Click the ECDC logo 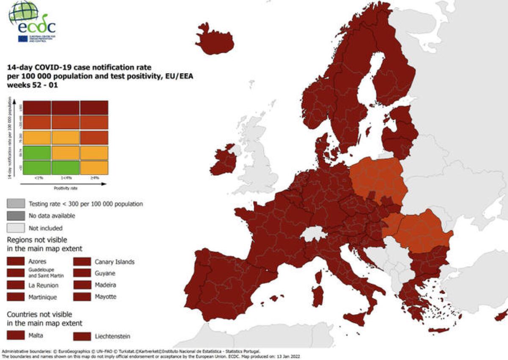pos(32,21)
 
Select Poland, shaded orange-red pos(378,178)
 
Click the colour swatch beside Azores pos(15,261)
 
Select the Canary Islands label pos(114,262)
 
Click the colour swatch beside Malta pos(15,336)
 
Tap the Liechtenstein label pos(113,336)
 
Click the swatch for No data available pos(15,216)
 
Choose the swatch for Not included pos(15,228)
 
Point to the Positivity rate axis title pos(65,187)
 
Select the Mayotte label pos(105,297)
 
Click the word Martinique pos(43,297)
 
